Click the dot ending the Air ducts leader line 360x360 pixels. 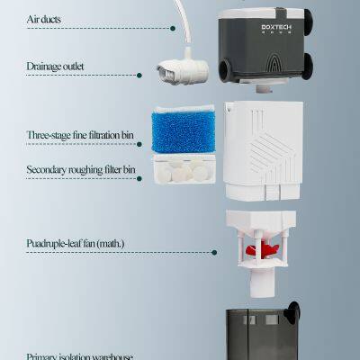tap(172, 28)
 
